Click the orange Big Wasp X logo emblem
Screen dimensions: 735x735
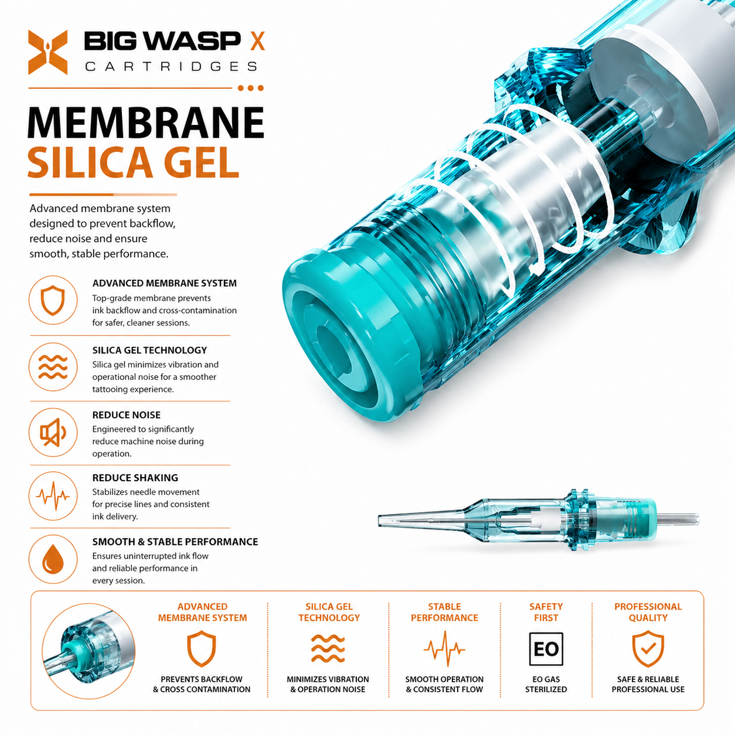tap(47, 52)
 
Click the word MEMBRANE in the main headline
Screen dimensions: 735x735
tap(146, 123)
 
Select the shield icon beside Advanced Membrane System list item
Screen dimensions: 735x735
tap(53, 300)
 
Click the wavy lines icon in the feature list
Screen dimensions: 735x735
tap(53, 367)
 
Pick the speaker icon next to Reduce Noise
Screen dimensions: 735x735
tap(53, 433)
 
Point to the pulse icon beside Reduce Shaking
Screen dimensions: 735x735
tap(53, 496)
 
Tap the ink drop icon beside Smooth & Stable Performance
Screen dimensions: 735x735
tap(53, 559)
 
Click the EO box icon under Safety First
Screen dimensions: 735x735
tap(546, 649)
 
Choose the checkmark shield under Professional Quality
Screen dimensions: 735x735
tap(648, 649)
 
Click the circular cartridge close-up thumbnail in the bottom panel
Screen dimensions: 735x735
tap(89, 651)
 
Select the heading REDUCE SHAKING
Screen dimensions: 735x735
tap(135, 478)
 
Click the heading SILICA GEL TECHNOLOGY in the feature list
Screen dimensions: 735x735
tap(149, 350)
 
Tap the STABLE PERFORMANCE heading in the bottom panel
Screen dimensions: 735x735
tap(444, 612)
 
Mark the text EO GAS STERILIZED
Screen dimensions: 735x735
tap(546, 684)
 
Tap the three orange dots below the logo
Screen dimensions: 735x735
tap(251, 88)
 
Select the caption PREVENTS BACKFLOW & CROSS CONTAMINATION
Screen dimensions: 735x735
tap(202, 684)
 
